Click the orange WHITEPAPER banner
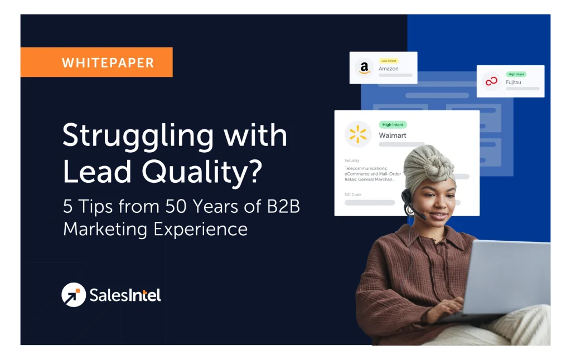96,62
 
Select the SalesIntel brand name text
125,295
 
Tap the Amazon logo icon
364,68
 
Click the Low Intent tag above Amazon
389,60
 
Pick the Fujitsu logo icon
491,81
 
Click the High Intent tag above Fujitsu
516,74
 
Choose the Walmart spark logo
357,134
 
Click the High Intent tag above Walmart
393,125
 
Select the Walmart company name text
393,135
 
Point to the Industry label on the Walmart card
352,160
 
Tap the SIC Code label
354,194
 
